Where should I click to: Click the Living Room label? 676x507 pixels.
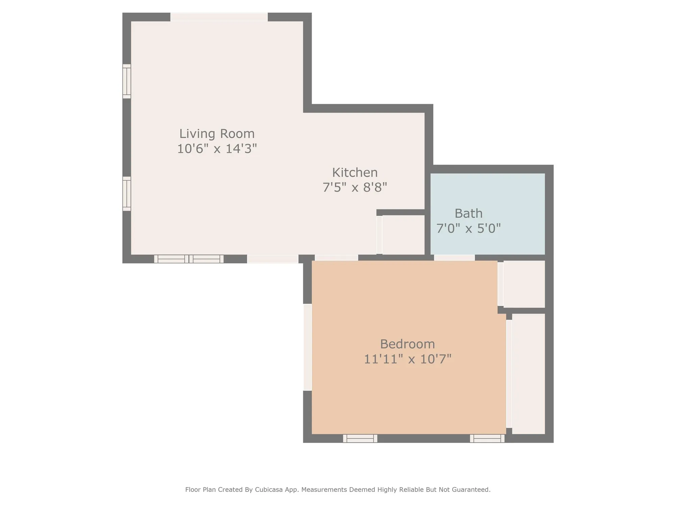217,134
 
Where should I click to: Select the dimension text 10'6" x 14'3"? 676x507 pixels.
217,149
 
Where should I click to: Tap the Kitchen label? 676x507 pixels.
355,173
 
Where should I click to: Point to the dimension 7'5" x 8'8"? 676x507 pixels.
355,187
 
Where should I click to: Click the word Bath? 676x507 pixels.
468,214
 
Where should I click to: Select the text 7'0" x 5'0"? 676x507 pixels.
468,229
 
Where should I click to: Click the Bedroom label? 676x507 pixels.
407,344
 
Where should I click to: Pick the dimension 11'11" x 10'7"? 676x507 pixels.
407,359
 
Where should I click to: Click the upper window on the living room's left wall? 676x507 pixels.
126,81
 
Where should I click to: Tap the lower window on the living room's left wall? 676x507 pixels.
126,194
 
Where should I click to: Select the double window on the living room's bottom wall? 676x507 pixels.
189,259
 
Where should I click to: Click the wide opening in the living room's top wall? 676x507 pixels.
219,17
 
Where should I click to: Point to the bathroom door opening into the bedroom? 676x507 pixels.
454,258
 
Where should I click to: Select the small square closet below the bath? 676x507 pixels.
524,284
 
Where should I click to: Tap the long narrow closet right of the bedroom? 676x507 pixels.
528,373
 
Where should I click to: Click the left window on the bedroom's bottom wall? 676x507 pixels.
360,438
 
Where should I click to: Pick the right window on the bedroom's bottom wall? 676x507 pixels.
487,438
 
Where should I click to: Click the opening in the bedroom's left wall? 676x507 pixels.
307,347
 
